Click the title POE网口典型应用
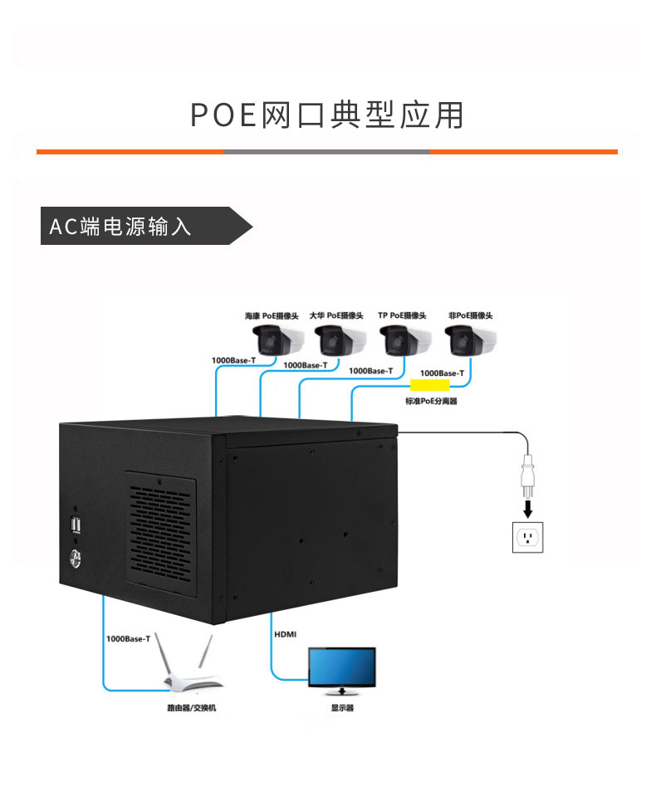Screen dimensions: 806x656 (327, 115)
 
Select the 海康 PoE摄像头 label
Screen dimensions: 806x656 (271, 315)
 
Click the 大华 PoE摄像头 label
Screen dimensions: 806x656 (336, 315)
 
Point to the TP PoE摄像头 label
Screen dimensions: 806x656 (402, 315)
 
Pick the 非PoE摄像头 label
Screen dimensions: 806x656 (470, 315)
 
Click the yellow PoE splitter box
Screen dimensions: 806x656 (430, 386)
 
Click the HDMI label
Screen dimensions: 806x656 (285, 634)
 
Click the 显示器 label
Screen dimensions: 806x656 (342, 708)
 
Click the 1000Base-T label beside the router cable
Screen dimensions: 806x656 (129, 638)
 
